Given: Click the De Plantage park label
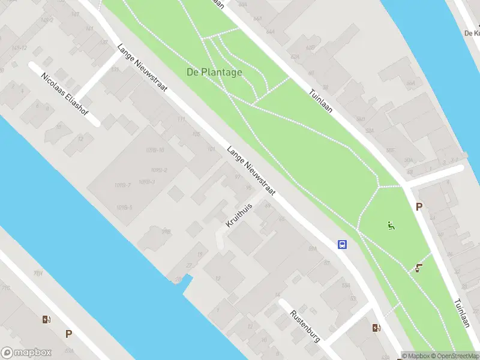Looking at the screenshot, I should pos(214,73).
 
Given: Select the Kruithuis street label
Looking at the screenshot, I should pos(239,215).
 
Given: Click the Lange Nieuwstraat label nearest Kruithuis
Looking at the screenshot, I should pos(250,171).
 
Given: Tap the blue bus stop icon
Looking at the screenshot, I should pos(342,244).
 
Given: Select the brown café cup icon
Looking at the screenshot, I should pos(418,268).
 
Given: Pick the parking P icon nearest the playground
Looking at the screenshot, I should pos(419,206).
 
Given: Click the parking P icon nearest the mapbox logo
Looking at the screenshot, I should pos(68,334).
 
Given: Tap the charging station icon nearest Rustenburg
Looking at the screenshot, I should pos(376,328).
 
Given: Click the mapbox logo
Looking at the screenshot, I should pos(26,353).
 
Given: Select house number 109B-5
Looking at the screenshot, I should pos(124,208).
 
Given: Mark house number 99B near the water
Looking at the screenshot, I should pos(166,231).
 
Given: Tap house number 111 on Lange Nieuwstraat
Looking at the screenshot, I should pos(181,119).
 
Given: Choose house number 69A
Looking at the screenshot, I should pos(312,248).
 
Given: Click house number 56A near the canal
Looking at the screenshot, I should pos(410,84).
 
